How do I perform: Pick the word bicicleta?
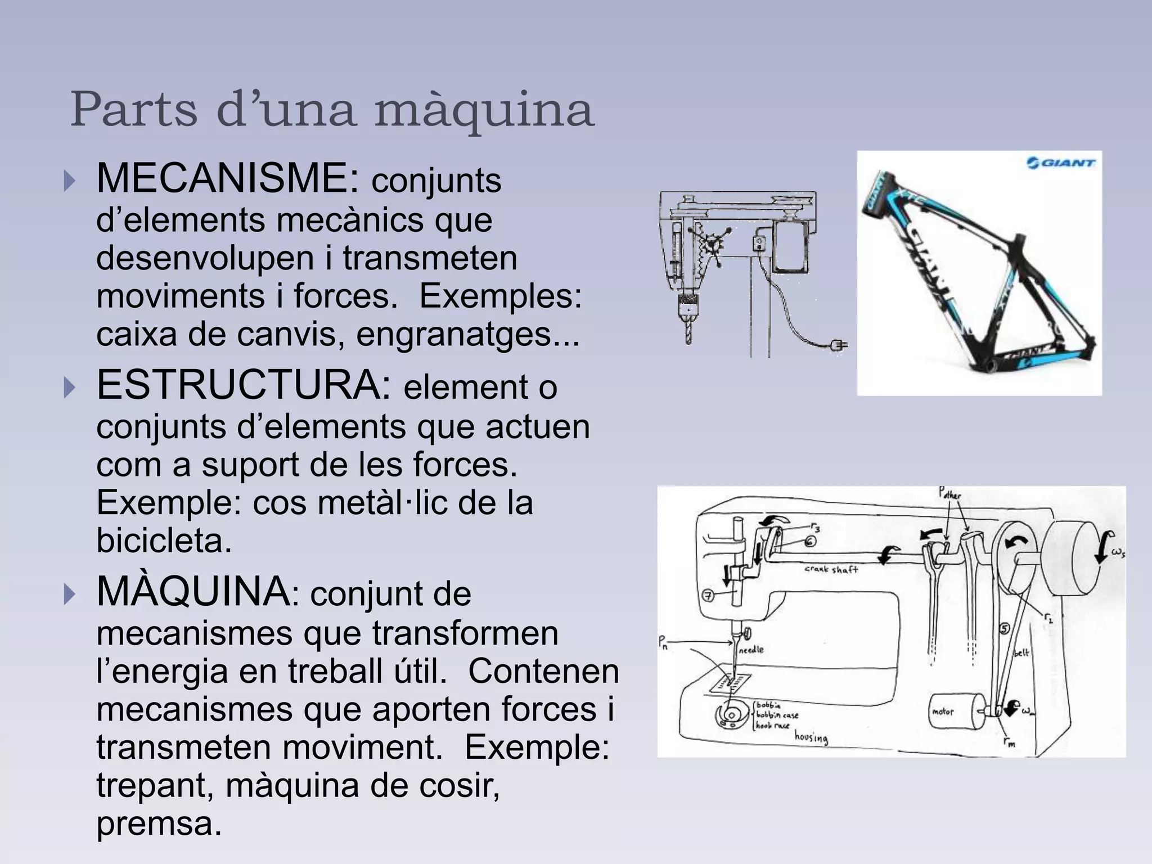point(164,541)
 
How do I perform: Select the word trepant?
point(154,786)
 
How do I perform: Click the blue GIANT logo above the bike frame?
point(1061,164)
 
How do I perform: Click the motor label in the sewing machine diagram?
point(943,712)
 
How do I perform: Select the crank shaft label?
point(831,569)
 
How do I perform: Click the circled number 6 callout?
point(810,541)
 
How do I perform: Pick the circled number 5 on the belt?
point(1003,628)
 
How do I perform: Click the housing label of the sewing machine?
point(811,737)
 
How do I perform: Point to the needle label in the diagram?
point(750,650)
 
